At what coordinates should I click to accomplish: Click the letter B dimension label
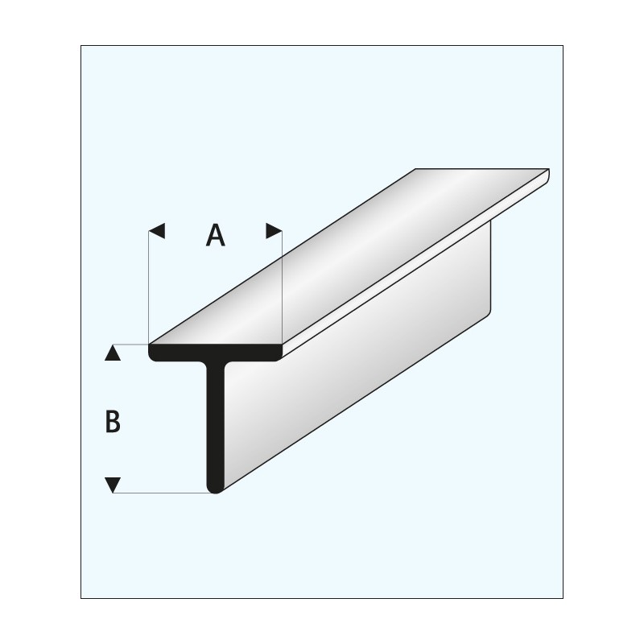click(x=113, y=421)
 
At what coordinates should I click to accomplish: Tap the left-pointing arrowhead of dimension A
click(x=157, y=232)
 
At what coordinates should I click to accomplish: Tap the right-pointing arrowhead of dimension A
click(x=275, y=232)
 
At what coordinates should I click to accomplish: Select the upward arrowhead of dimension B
click(x=113, y=353)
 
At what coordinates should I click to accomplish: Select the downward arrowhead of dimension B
click(x=113, y=485)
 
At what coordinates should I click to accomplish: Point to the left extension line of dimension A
click(x=150, y=290)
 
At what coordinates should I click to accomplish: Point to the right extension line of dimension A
click(x=282, y=290)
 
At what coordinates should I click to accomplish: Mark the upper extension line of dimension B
click(x=133, y=345)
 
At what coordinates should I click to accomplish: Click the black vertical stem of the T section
click(x=216, y=427)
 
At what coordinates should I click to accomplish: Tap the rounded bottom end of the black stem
click(x=216, y=488)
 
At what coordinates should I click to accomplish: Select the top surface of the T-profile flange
click(x=346, y=258)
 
